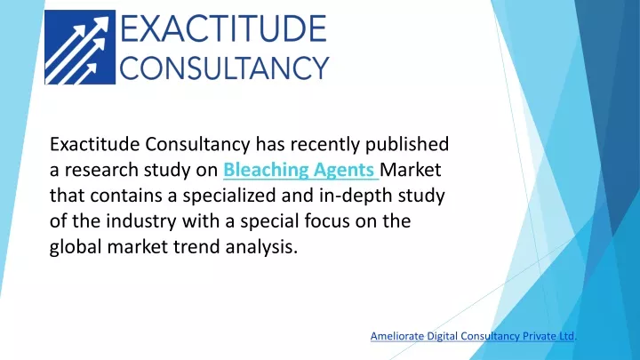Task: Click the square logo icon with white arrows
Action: [80, 47]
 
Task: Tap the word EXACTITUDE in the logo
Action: [223, 28]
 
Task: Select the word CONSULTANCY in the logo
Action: [224, 68]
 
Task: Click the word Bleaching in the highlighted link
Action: [266, 170]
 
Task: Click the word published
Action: [407, 145]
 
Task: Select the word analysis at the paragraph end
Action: [261, 247]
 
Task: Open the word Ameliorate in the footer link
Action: [396, 336]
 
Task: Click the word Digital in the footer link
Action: [439, 337]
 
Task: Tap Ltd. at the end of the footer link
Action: [567, 336]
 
